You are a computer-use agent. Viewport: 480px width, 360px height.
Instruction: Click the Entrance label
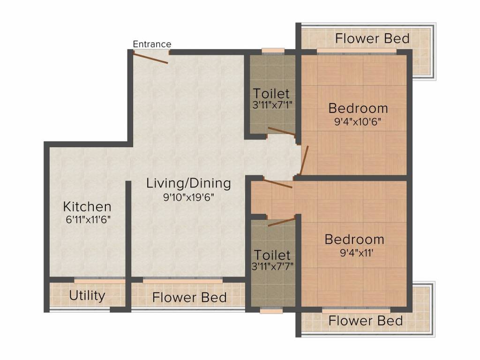pyautogui.click(x=152, y=44)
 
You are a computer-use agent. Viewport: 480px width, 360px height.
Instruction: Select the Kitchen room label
pyautogui.click(x=87, y=206)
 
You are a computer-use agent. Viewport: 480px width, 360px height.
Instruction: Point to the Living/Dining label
pyautogui.click(x=188, y=183)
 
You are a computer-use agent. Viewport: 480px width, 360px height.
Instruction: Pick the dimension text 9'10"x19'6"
pyautogui.click(x=188, y=197)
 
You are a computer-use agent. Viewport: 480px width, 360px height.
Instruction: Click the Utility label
pyautogui.click(x=87, y=296)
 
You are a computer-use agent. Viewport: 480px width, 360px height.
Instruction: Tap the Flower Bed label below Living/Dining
pyautogui.click(x=189, y=298)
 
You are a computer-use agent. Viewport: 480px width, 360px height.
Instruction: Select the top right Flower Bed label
pyautogui.click(x=372, y=38)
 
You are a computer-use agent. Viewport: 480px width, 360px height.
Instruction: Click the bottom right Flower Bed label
pyautogui.click(x=365, y=321)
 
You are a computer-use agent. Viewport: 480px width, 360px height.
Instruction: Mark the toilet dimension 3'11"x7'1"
pyautogui.click(x=272, y=105)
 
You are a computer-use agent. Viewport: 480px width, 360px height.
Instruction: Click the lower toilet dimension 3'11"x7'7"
pyautogui.click(x=272, y=266)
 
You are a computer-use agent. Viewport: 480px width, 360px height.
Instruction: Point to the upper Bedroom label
pyautogui.click(x=358, y=108)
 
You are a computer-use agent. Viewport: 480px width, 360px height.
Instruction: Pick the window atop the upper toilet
pyautogui.click(x=273, y=51)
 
